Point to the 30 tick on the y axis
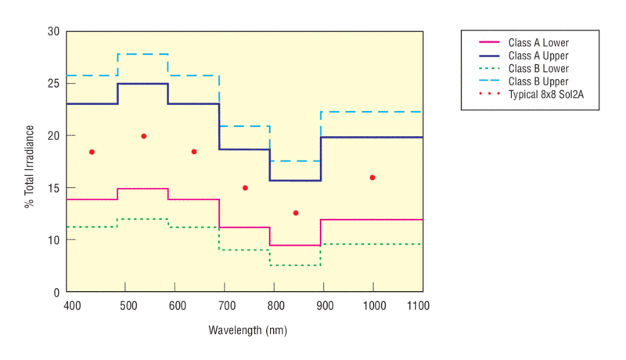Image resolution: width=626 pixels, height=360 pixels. pos(54,31)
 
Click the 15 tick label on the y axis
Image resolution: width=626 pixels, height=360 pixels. pos(54,188)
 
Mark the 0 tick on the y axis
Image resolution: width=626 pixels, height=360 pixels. pos(57,292)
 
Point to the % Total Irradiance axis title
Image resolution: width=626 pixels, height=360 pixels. pos(29,161)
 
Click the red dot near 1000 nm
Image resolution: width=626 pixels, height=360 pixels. pos(372,178)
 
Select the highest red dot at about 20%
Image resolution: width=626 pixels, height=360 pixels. pos(144,136)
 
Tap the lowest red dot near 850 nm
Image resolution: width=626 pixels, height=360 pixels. pos(296,213)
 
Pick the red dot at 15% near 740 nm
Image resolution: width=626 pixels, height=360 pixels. pos(245,188)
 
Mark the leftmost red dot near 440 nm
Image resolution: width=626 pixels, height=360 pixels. pos(92,152)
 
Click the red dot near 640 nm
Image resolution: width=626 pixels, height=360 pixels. pos(194,152)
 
